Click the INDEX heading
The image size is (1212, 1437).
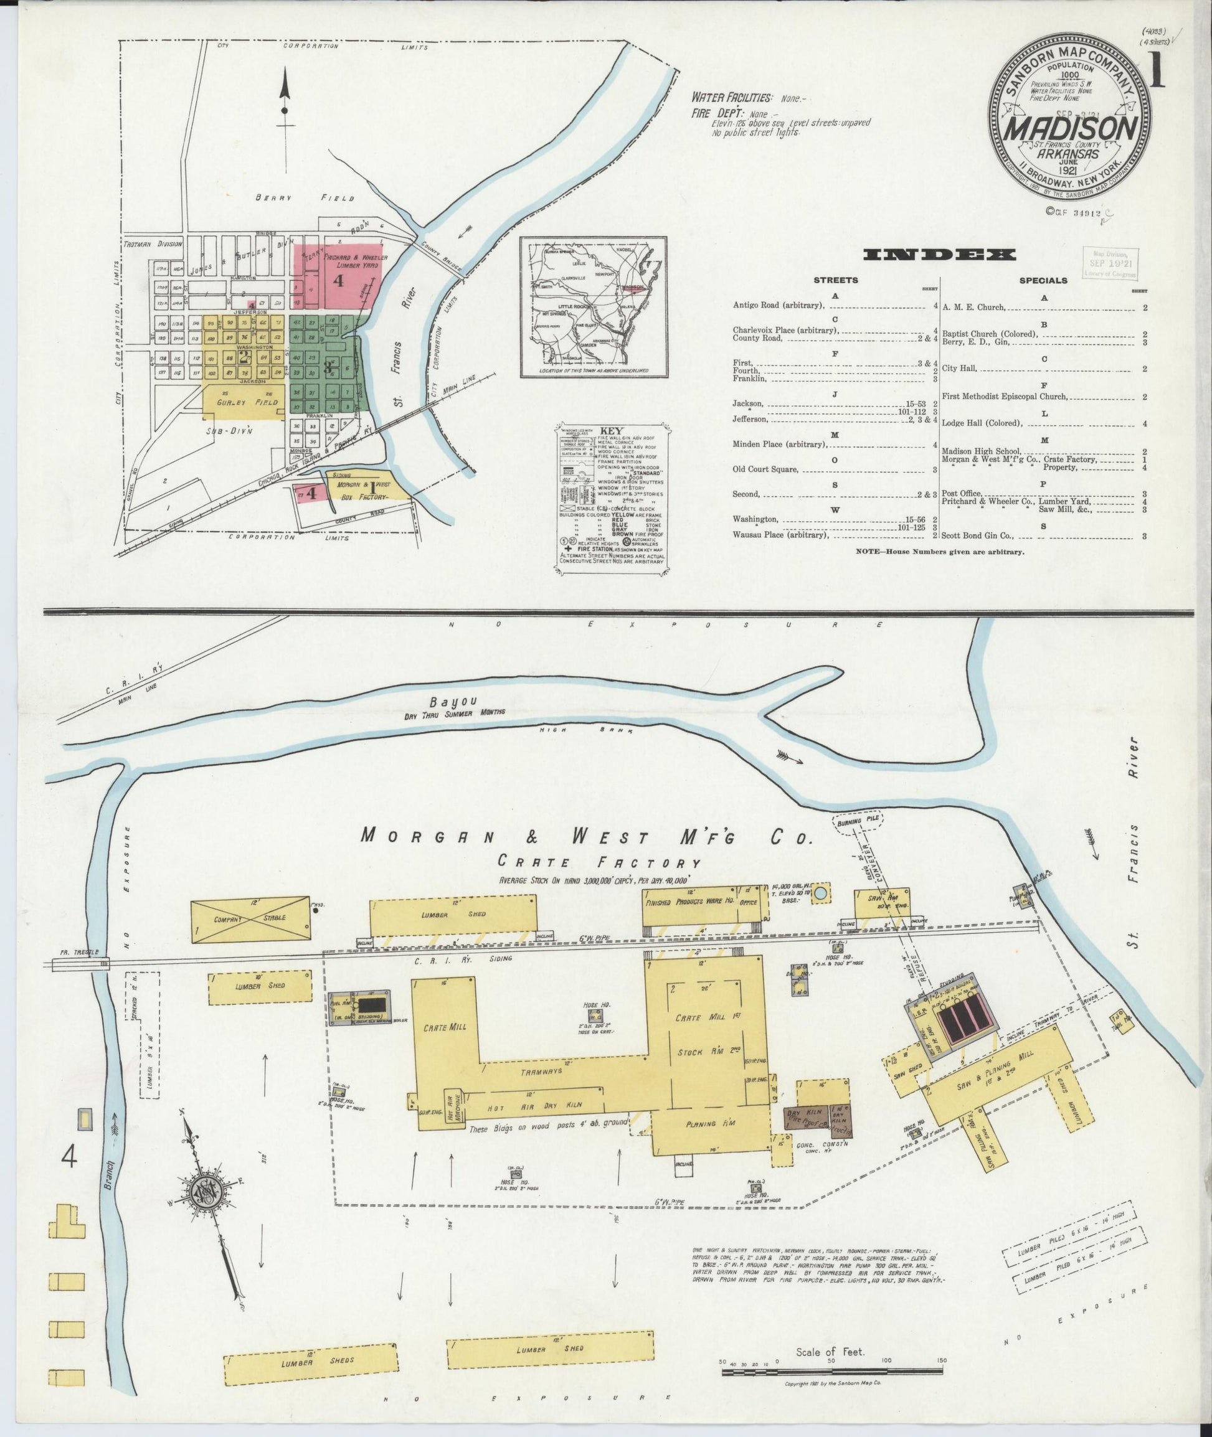939,255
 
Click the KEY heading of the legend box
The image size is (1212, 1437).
612,431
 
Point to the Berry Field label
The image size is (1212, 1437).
305,198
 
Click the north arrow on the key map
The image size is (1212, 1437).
285,103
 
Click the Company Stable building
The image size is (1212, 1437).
252,918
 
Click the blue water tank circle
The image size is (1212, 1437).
820,894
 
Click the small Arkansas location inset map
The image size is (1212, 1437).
593,306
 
